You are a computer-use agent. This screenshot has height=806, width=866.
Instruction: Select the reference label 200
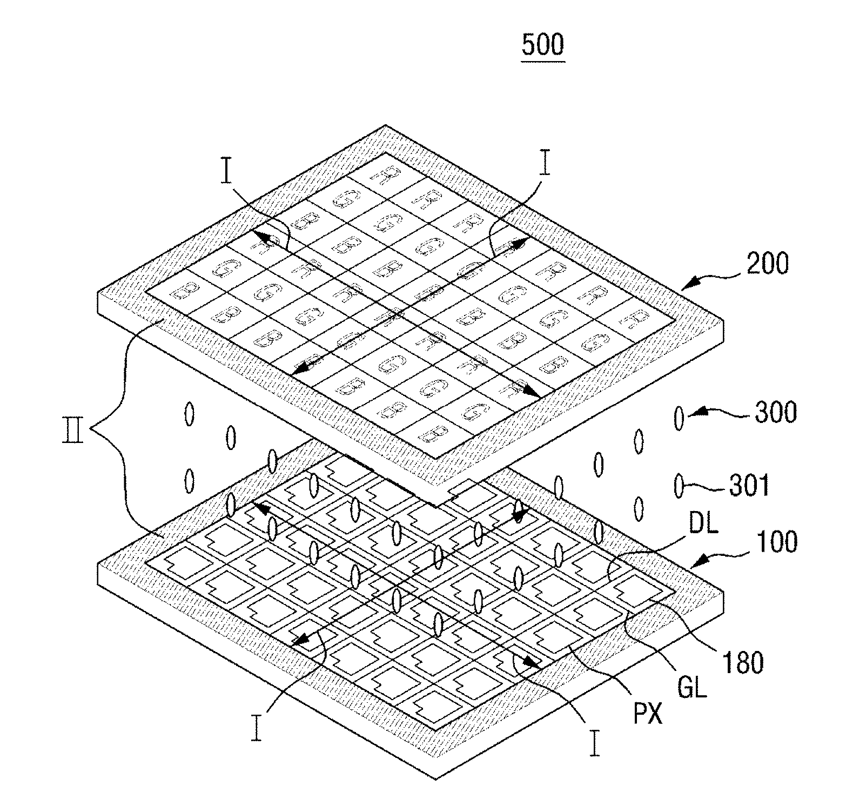point(767,264)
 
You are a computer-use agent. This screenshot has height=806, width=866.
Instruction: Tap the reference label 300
point(775,413)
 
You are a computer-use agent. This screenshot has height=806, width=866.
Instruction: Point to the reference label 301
point(749,486)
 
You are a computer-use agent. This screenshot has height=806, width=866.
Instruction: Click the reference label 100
point(776,541)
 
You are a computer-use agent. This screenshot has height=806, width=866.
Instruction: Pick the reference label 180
point(743,663)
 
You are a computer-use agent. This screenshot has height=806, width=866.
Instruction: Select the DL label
point(703,523)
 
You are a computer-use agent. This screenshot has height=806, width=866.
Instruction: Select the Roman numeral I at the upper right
point(545,165)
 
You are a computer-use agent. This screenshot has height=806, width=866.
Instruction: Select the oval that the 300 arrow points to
point(679,419)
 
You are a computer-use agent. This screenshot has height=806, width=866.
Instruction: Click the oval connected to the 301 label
point(679,486)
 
